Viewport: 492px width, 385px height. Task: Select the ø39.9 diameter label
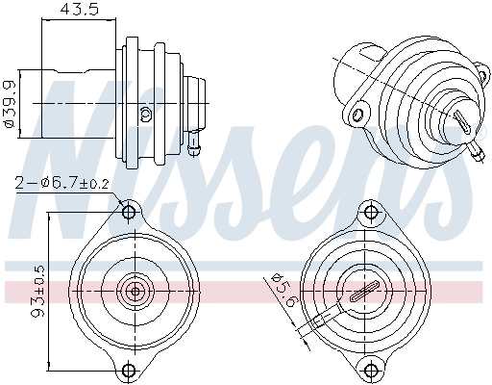(x=9, y=101)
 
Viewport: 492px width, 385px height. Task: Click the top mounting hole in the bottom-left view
(x=129, y=211)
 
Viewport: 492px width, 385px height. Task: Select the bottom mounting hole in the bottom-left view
(x=129, y=369)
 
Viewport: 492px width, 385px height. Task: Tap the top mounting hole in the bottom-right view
(x=368, y=211)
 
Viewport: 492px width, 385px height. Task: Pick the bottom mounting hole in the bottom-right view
(x=368, y=369)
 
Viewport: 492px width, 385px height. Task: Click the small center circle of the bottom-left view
(x=135, y=290)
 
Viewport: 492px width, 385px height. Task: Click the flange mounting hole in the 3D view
(x=359, y=115)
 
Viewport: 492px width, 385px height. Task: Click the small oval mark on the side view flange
(x=145, y=114)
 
